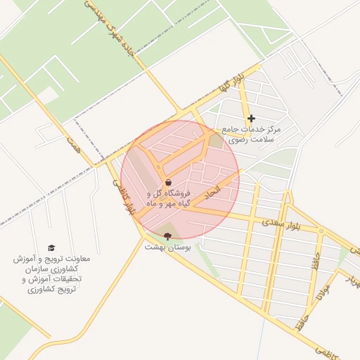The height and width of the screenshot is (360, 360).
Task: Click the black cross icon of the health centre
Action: tap(251, 118)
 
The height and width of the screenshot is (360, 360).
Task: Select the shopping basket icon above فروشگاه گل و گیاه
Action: tap(168, 183)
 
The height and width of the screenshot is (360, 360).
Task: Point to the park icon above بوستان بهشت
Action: tap(167, 236)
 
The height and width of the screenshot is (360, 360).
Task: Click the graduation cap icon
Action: tap(51, 247)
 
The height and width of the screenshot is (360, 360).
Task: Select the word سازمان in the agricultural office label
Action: tap(37, 269)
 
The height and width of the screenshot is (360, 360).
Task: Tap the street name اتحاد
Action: tap(212, 191)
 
